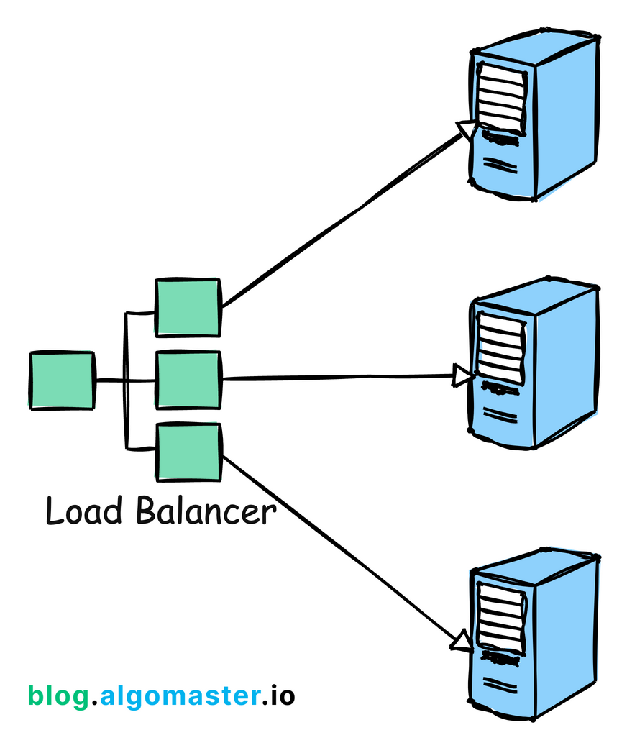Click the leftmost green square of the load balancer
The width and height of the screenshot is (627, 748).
(x=62, y=380)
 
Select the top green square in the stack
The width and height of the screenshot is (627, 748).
(x=188, y=307)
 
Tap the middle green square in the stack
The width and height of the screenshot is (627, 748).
(x=188, y=380)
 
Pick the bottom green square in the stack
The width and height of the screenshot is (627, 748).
(x=188, y=452)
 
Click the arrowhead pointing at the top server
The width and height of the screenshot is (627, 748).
(x=466, y=130)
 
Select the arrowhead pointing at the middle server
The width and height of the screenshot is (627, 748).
(x=462, y=375)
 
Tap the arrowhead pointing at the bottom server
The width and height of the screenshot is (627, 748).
(x=462, y=639)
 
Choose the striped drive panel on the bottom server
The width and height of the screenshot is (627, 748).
(x=499, y=616)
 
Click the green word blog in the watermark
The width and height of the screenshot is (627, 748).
(x=58, y=695)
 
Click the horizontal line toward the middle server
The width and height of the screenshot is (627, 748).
(x=338, y=377)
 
